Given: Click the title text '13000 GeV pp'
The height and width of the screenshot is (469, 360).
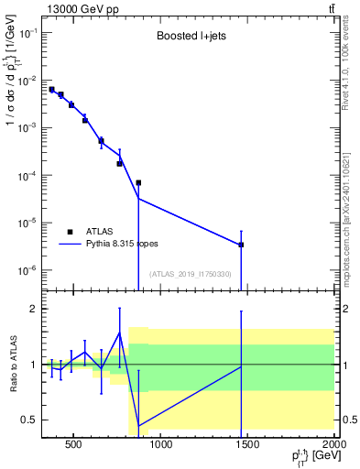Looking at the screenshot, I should point(77,8).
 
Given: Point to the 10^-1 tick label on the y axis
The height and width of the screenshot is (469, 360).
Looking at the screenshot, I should point(30,32).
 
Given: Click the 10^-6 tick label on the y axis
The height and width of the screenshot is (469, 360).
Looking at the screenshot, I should point(30,270).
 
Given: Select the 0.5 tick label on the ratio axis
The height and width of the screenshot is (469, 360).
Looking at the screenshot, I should point(29,420).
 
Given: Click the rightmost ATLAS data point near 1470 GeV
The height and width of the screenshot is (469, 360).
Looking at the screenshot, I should point(241,245).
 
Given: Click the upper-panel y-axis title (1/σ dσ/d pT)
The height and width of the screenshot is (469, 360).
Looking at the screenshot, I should point(12,82).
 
